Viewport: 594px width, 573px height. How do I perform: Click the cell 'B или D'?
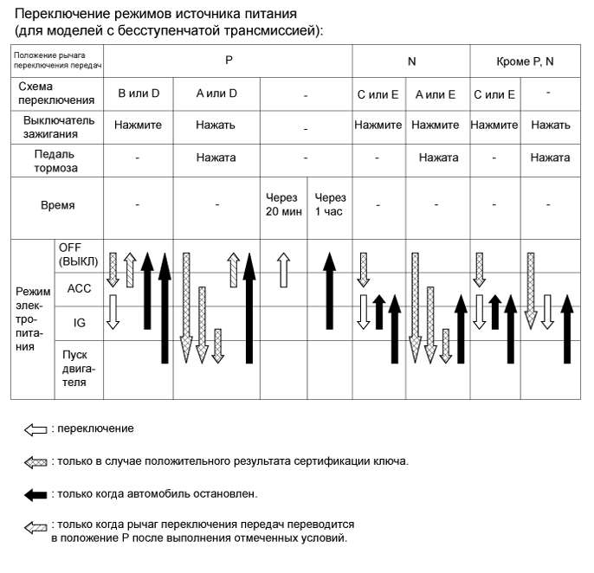[138, 93]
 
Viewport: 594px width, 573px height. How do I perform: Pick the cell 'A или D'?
[216, 93]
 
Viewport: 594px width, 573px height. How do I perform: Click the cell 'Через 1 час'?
[329, 204]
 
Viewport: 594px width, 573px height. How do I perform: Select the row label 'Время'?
[57, 206]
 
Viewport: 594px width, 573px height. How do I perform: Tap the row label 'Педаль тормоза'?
[57, 162]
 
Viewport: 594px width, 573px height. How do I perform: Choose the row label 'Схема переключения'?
[57, 93]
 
